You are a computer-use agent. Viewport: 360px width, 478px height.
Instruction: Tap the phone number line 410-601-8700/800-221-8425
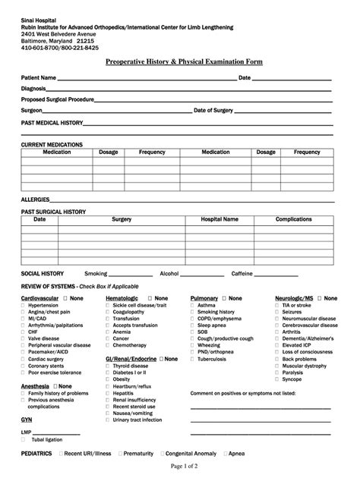(59, 47)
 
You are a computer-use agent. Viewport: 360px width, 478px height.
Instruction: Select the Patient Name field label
(38, 77)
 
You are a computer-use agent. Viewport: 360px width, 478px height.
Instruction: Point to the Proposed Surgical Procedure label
(58, 99)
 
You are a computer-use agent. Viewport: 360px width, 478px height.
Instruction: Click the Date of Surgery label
(213, 110)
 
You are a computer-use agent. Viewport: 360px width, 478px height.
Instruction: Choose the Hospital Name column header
(219, 219)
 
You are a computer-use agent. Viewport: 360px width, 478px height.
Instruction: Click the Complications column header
(293, 219)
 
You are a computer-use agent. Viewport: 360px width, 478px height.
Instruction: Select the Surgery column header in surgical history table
(122, 219)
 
